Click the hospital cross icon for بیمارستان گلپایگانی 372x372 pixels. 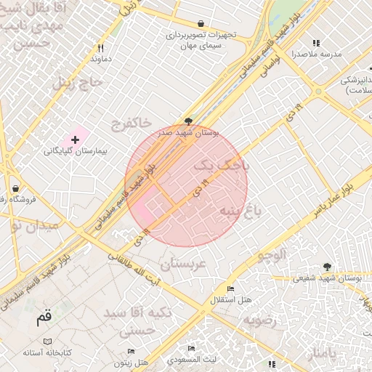[75, 138]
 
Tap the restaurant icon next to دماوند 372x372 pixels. [101, 48]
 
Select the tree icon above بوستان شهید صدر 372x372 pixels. [189, 121]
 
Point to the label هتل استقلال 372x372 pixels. [230, 299]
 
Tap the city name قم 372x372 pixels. [44, 317]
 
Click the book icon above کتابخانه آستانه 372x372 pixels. [48, 341]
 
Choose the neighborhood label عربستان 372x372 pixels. [182, 264]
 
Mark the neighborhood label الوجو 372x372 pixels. [272, 254]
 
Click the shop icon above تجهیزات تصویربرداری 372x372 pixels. [201, 23]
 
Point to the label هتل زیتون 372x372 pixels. [132, 361]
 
